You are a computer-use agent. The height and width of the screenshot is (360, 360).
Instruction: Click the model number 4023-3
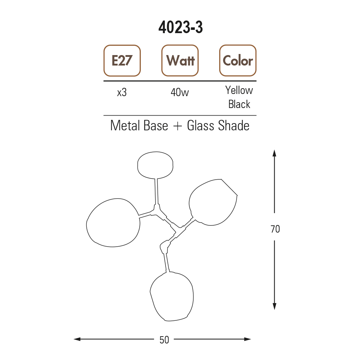coord(180,27)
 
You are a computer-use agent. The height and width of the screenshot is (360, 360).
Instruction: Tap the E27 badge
coord(122,60)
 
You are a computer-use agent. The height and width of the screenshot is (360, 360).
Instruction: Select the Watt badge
coord(180,60)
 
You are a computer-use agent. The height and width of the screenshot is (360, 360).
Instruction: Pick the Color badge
coord(238,60)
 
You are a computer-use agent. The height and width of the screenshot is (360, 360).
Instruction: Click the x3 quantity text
coord(122,93)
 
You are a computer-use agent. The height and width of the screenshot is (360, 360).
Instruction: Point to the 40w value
coord(180,93)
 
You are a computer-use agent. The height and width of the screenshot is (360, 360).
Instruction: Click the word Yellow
coord(239,90)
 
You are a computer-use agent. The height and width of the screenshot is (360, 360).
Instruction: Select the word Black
coord(239,104)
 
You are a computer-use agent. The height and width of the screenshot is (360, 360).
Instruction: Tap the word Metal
coord(125,126)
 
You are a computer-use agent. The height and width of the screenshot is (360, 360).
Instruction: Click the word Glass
coord(201,126)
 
